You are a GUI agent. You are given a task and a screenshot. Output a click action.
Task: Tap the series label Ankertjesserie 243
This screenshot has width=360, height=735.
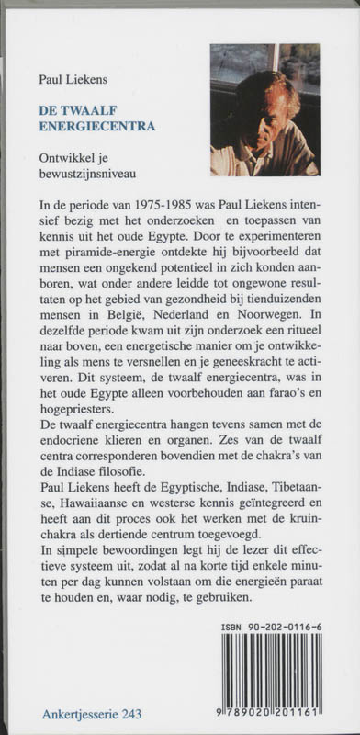[x=92, y=714]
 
